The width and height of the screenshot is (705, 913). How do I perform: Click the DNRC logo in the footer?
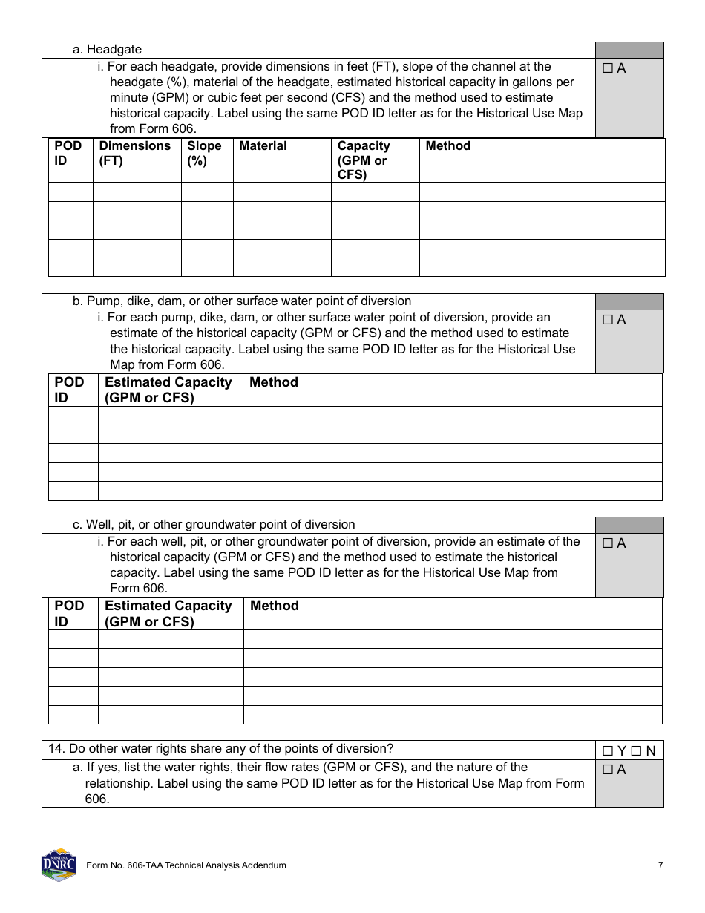click(58, 865)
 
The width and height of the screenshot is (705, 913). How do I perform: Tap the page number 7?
click(660, 865)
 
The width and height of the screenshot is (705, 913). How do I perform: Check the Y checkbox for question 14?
click(608, 750)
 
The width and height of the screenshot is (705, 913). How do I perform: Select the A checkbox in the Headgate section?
click(608, 68)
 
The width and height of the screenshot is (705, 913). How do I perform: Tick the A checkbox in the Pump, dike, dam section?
click(608, 320)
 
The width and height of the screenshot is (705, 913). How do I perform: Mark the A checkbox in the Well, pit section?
click(608, 543)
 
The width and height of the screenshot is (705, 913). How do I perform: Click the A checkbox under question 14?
click(608, 770)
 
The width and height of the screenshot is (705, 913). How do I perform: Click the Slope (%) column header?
click(204, 153)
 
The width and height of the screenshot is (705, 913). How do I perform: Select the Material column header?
click(263, 146)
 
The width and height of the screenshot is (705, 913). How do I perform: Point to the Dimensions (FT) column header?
click(134, 153)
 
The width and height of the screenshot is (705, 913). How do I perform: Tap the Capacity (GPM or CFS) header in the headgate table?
click(363, 160)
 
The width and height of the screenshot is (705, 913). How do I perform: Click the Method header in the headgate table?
click(447, 146)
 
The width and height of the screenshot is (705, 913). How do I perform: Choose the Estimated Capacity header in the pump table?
click(168, 390)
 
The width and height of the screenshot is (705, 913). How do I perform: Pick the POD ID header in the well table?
click(69, 613)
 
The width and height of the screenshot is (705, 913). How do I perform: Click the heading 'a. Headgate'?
click(107, 50)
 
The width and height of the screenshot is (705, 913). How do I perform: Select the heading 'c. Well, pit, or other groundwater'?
click(214, 525)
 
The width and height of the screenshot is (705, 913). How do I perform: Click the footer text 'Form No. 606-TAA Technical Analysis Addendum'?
click(186, 865)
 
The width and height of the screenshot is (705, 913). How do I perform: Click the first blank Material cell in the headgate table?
click(282, 192)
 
